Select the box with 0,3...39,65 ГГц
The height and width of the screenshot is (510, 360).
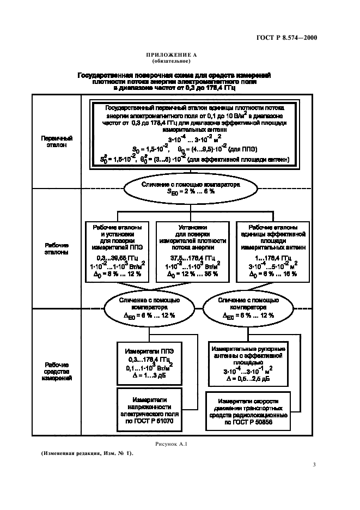(x=118, y=250)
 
